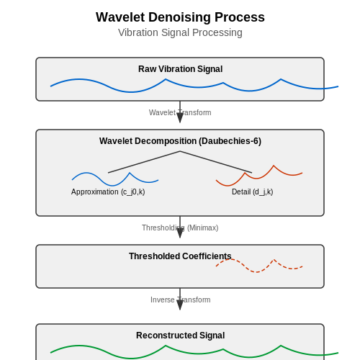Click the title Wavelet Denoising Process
[180, 17]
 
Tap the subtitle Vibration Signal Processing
[180, 32]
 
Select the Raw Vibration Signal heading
[180, 69]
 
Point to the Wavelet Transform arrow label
[180, 112]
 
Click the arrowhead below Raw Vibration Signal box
[180, 117]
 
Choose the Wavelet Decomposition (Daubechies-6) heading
[180, 141]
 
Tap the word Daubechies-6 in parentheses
[230, 141]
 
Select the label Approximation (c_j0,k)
[108, 192]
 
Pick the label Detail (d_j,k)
[252, 192]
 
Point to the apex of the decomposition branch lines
[180, 151]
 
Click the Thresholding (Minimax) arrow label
[180, 228]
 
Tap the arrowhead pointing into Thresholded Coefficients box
[180, 233]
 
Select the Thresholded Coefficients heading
[180, 256]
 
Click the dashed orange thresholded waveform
[256, 272]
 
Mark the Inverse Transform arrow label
[180, 300]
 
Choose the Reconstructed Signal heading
[180, 336]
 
